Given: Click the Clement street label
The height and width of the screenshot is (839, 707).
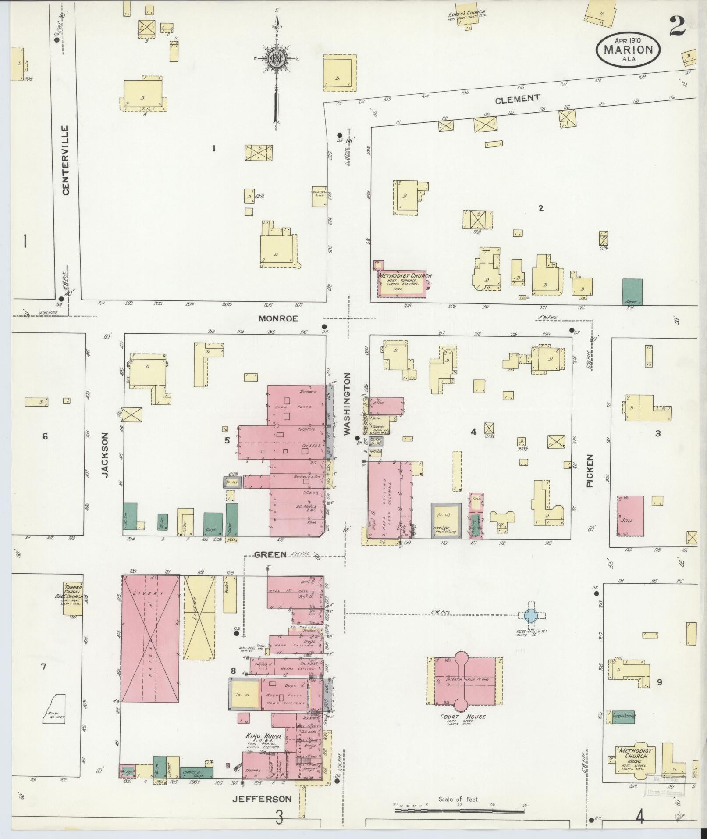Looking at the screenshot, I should tap(517, 100).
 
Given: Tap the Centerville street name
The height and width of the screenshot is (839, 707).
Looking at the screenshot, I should tap(65, 160).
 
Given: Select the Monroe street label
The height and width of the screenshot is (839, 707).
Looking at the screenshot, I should tap(278, 319).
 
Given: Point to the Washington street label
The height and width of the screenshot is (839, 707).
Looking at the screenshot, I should tap(347, 404).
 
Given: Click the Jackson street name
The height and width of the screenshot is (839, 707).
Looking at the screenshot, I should tap(105, 454).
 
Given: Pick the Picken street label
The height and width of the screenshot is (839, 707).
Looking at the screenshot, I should tap(590, 471).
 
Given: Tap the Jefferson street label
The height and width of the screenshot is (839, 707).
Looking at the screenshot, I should tap(262, 799).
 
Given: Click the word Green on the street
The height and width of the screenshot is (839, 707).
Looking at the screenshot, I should tap(270, 554).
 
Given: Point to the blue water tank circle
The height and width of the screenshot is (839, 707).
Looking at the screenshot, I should tap(530, 615).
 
